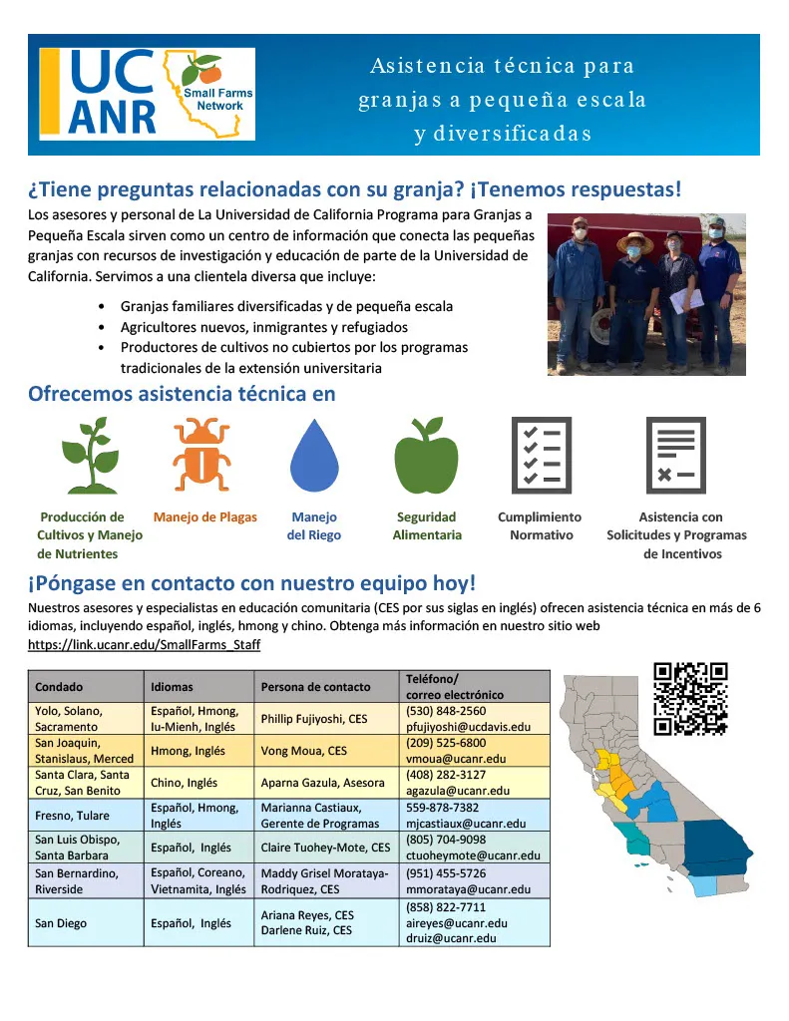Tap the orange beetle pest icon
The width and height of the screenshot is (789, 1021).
coord(201,455)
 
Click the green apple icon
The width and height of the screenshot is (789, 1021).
coord(426,456)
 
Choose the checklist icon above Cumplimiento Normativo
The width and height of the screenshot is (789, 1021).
coord(541,455)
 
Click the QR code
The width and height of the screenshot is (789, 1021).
coord(690,698)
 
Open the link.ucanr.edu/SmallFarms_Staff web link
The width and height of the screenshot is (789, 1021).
coord(145,645)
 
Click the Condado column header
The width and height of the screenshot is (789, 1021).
coord(59,687)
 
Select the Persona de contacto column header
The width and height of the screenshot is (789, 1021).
coord(315,687)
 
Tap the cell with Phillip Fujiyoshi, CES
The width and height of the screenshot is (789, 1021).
coord(314,719)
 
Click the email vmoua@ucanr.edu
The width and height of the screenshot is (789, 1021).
coord(456,759)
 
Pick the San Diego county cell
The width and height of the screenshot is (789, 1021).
coord(61,923)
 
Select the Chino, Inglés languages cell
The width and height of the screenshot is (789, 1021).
coord(184,783)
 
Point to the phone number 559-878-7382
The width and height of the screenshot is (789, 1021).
coord(443,808)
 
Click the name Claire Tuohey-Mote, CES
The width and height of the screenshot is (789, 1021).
coord(325,848)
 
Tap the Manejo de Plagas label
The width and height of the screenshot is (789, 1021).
coord(204,517)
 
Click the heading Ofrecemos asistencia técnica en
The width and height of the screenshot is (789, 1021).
coord(182,394)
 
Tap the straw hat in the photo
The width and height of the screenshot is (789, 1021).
coord(634,240)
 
